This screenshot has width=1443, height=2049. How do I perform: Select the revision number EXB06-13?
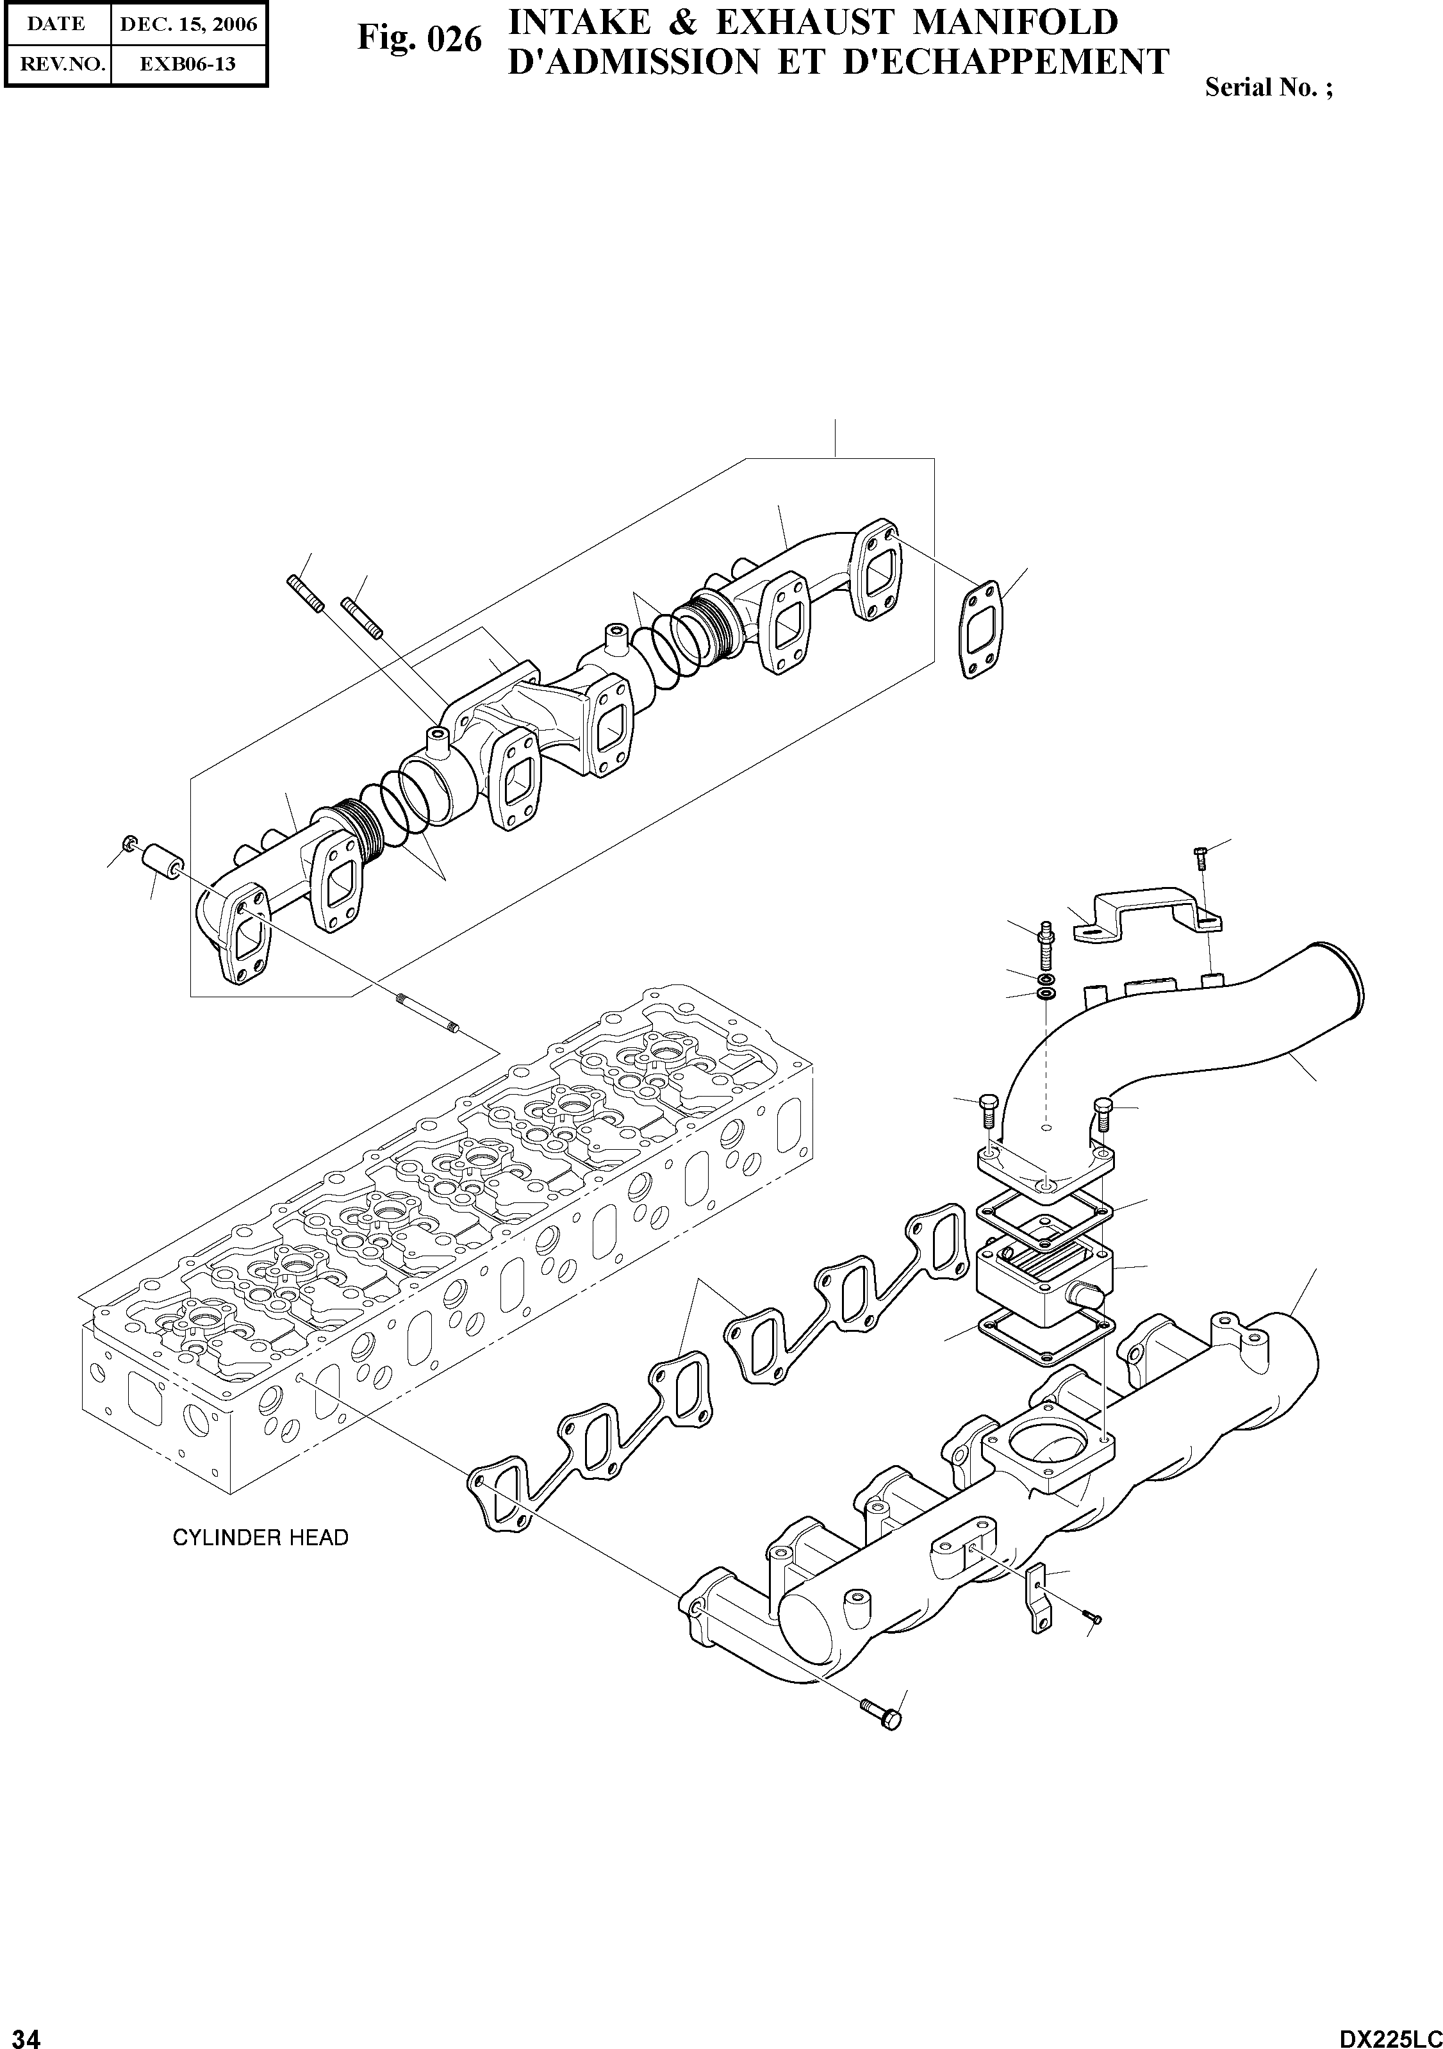[x=188, y=64]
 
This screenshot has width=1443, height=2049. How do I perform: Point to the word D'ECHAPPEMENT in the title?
[x=1006, y=62]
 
